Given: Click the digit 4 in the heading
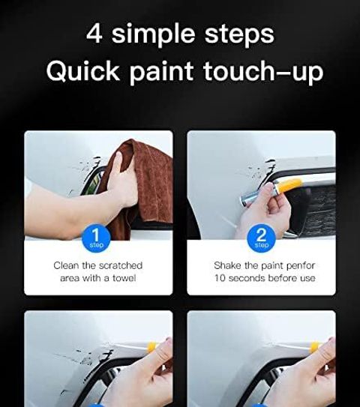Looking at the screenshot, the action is pyautogui.click(x=94, y=34).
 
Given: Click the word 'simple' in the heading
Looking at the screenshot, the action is pyautogui.click(x=153, y=35).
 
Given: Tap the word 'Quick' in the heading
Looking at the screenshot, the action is pyautogui.click(x=82, y=71).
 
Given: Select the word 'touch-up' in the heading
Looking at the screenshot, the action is pyautogui.click(x=263, y=72).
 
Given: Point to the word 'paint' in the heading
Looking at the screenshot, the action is pyautogui.click(x=161, y=73).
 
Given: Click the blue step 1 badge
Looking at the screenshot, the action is pyautogui.click(x=96, y=238).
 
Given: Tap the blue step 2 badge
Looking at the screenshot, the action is pyautogui.click(x=261, y=238).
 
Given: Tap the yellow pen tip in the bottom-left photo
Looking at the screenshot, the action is pyautogui.click(x=151, y=347).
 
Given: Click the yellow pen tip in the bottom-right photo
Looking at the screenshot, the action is pyautogui.click(x=315, y=347).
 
